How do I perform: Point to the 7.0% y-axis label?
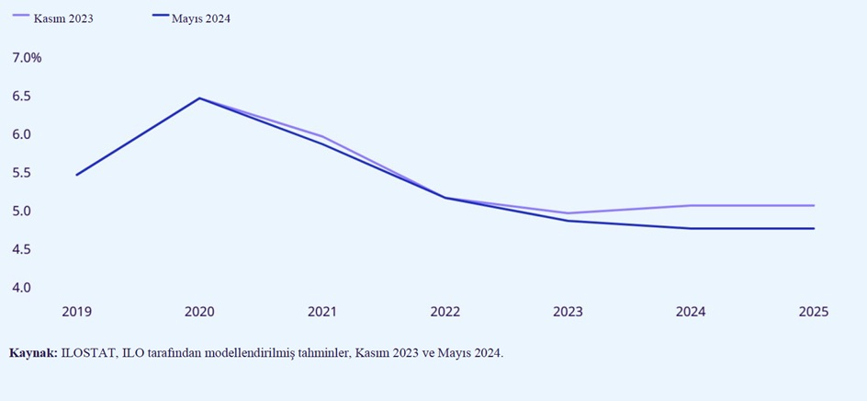pos(27,58)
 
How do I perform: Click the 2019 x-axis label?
pos(77,312)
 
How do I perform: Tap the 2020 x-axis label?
pos(199,312)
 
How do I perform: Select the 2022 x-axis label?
pos(445,312)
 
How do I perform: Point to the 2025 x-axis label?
pos(813,312)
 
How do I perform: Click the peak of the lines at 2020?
pos(199,98)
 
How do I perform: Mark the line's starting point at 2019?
pos(77,175)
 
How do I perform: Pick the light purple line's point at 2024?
pos(691,205)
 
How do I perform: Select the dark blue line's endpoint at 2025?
pos(813,228)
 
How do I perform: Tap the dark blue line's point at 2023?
pos(569,221)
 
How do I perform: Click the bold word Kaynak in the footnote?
pos(33,353)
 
